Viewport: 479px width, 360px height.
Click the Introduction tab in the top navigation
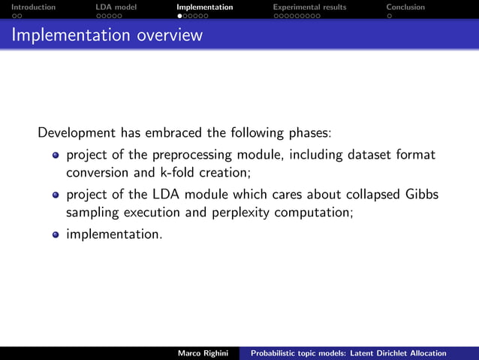(28, 7)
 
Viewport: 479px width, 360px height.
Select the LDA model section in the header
(116, 7)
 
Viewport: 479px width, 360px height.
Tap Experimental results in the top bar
(309, 7)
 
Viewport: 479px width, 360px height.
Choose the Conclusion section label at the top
(405, 7)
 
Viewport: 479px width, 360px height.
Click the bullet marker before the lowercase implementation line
(55, 234)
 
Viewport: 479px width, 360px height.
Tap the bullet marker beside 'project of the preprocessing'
(55, 156)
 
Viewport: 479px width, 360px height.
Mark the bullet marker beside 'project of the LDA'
(55, 195)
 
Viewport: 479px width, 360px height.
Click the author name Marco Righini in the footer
(203, 353)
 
